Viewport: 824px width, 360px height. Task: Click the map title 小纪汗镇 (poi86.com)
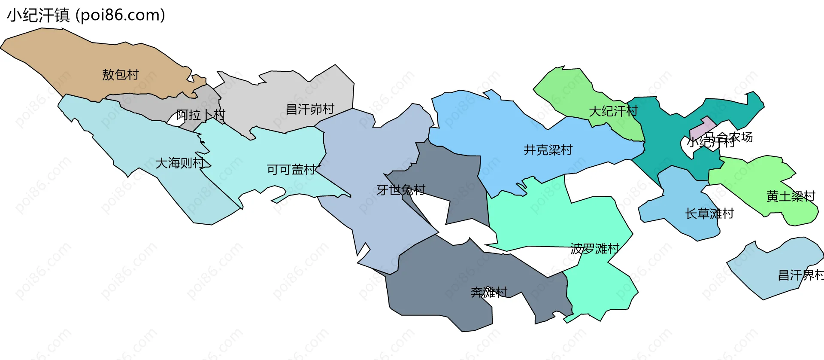click(x=86, y=15)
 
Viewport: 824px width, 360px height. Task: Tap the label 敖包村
click(x=121, y=75)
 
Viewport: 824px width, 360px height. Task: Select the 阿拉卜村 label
click(x=201, y=115)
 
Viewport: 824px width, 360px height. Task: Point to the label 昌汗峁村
click(x=310, y=109)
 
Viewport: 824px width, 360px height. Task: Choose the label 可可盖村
click(x=291, y=170)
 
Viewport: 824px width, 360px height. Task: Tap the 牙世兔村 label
click(x=401, y=190)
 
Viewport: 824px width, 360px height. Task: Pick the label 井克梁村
click(x=548, y=150)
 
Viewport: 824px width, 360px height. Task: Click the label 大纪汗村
click(x=613, y=111)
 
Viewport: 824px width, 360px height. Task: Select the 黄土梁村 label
click(x=791, y=196)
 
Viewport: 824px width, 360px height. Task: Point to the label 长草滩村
click(x=709, y=214)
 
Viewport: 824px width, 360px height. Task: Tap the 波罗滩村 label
click(x=595, y=249)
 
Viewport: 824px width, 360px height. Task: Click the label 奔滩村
click(x=489, y=293)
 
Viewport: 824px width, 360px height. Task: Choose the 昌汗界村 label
click(x=801, y=275)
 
